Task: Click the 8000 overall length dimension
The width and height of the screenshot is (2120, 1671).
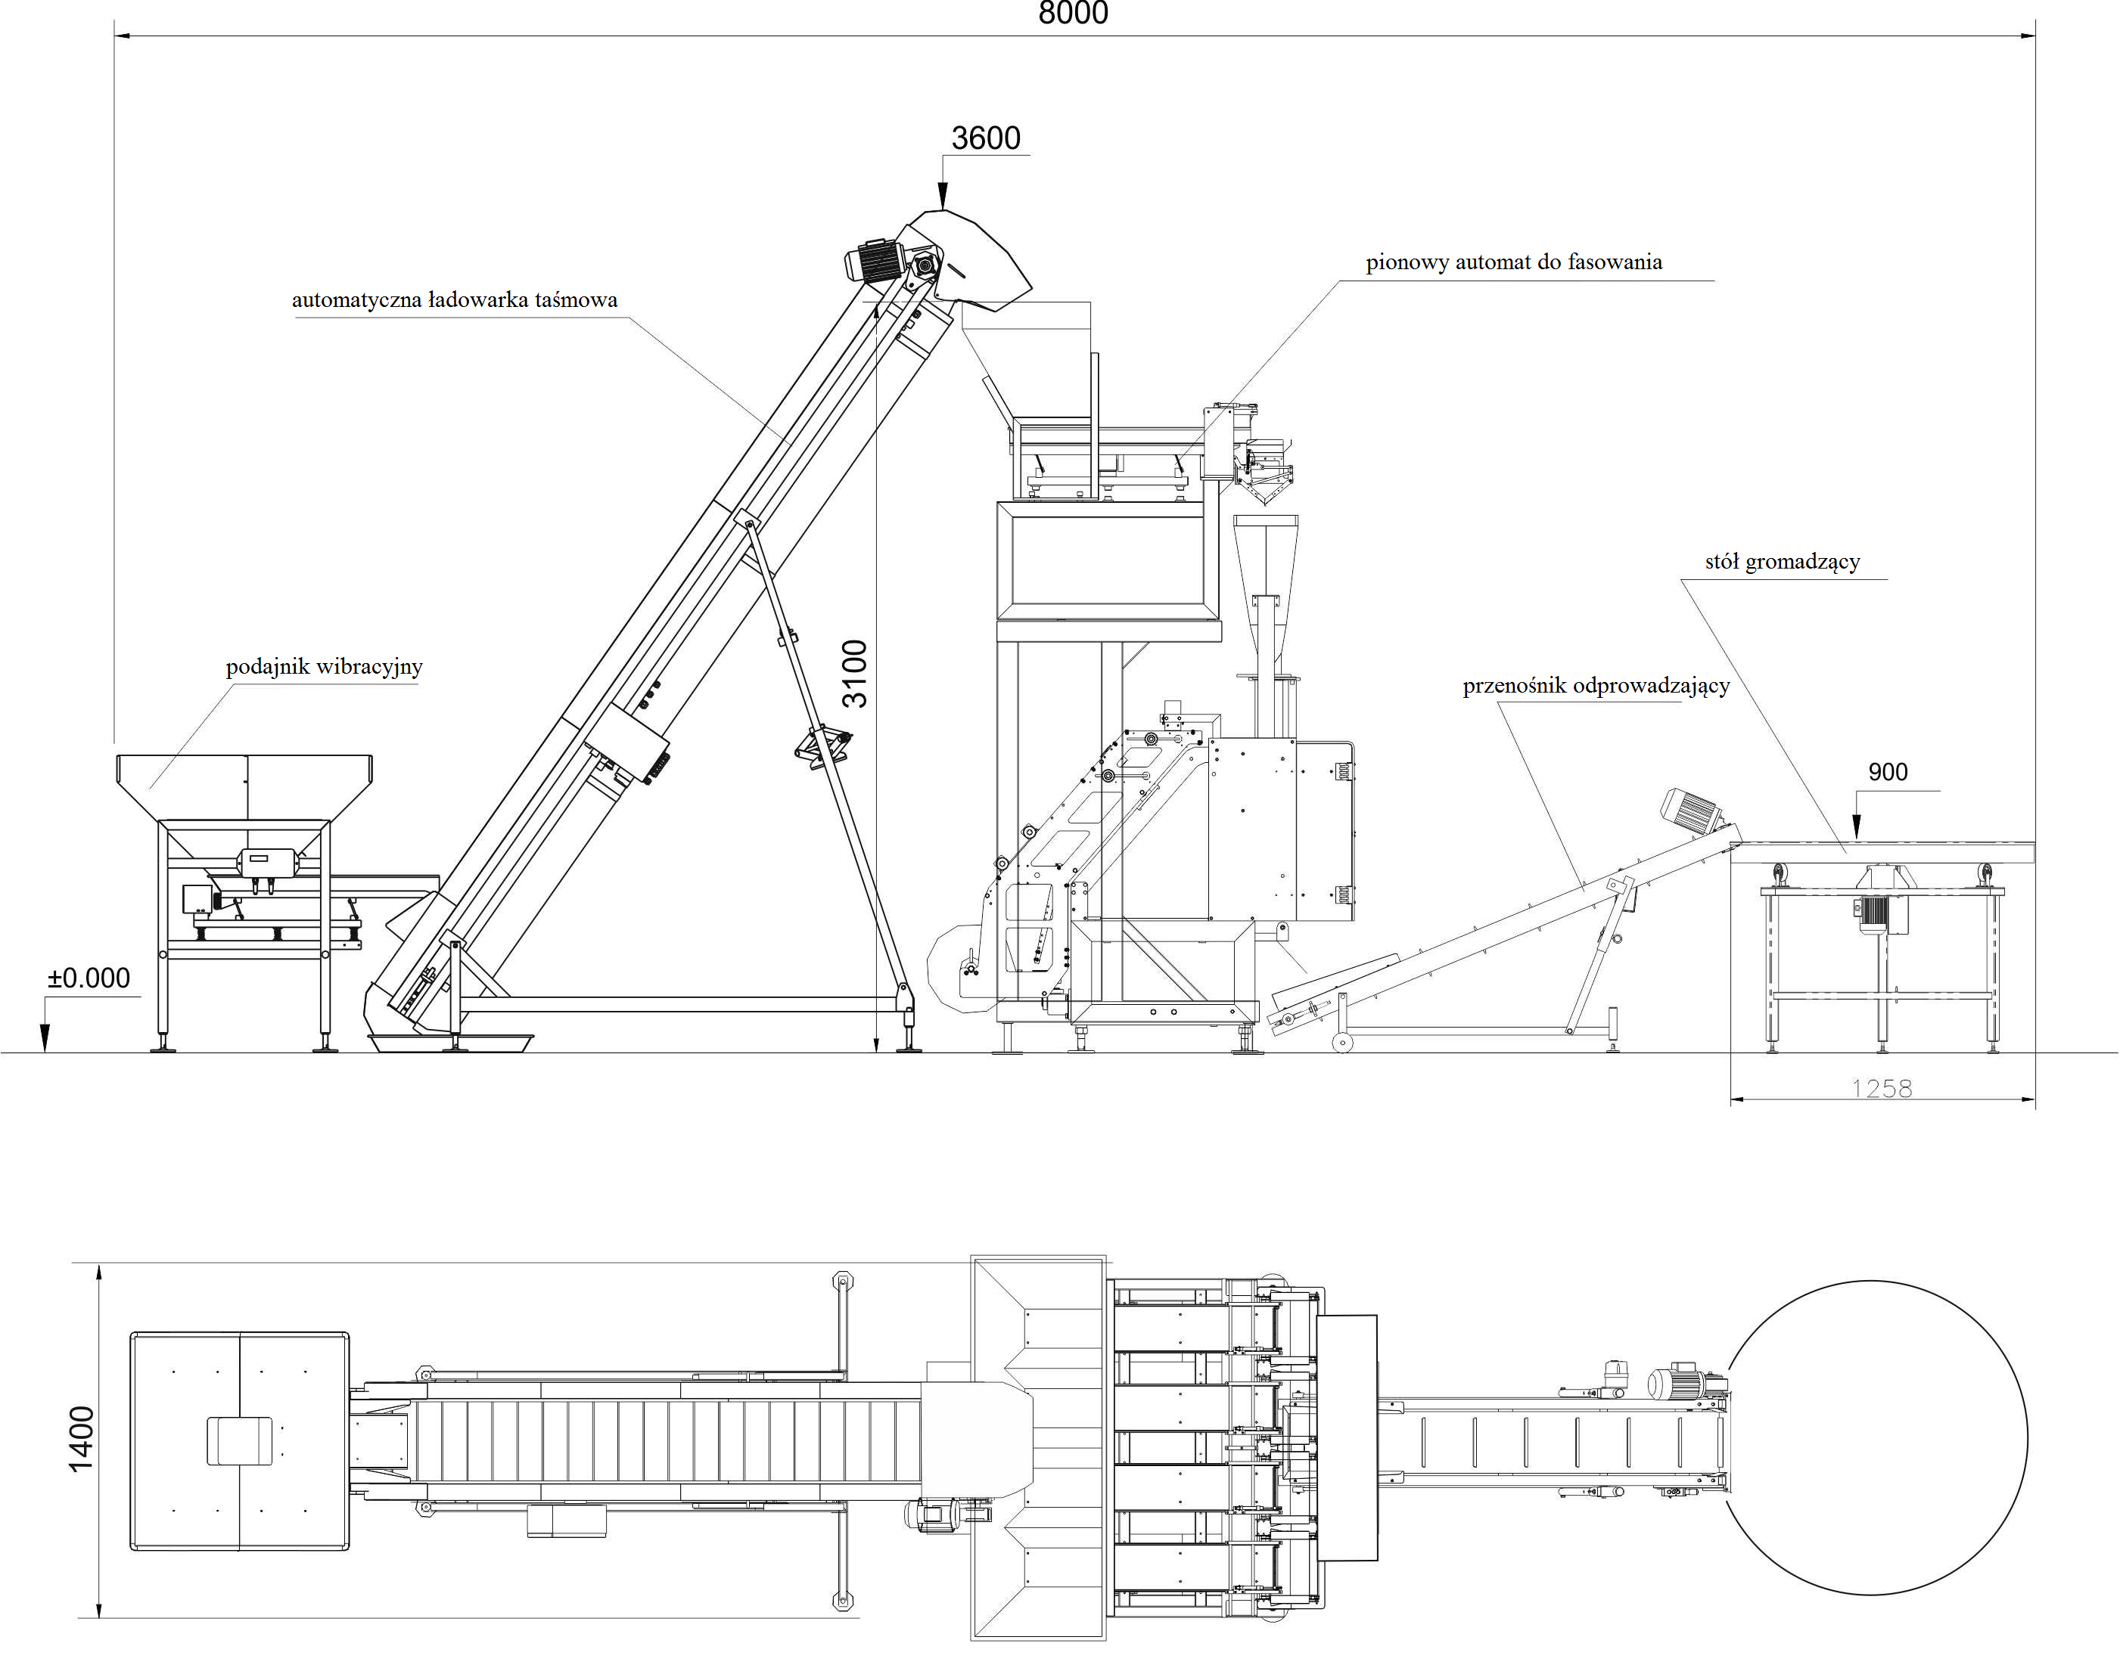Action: [1073, 13]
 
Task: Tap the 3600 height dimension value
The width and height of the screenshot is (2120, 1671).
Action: [986, 138]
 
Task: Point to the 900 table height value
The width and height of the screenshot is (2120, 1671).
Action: [1887, 772]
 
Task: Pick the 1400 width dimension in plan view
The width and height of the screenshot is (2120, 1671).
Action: [81, 1438]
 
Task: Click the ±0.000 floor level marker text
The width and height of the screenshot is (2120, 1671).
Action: [89, 978]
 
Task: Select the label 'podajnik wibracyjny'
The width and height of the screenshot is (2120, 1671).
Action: [324, 667]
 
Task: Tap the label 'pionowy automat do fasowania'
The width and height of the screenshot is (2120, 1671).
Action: [1514, 262]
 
